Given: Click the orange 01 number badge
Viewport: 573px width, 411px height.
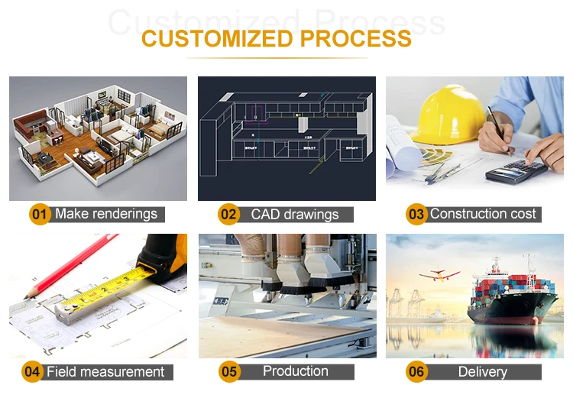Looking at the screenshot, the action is [x=40, y=214].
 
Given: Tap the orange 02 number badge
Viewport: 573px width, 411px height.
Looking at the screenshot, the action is [x=228, y=215].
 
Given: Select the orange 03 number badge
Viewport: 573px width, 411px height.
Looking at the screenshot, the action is [x=416, y=215].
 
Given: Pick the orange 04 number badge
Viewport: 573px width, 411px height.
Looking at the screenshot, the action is [x=32, y=372].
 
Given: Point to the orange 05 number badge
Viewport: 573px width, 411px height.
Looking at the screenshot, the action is [x=229, y=372].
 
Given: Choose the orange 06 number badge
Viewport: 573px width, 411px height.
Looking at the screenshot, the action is [x=416, y=372].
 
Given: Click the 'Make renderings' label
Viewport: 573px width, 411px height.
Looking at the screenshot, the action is [x=106, y=214].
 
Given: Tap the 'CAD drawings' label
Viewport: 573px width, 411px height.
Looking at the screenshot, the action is [x=294, y=215].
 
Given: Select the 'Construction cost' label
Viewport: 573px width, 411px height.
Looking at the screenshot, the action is [x=483, y=214].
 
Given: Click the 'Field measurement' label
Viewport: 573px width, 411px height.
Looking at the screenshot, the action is [x=105, y=372].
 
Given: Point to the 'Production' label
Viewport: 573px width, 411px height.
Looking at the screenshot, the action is [x=295, y=371].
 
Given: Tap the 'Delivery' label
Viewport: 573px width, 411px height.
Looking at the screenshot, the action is [x=482, y=372].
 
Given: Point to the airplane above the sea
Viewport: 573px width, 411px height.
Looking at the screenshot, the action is [x=439, y=273].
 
